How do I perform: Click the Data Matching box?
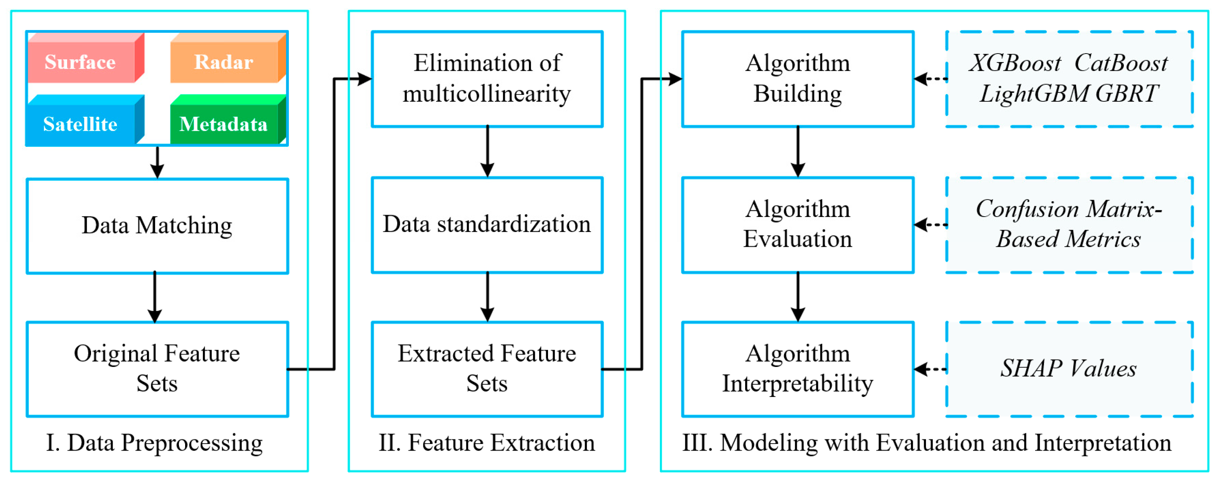(157, 225)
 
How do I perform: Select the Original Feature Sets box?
(157, 369)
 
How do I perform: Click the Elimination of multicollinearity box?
(487, 79)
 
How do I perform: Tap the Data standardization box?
(487, 224)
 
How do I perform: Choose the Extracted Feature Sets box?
(487, 369)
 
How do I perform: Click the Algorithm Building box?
(798, 79)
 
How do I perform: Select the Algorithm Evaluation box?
(798, 224)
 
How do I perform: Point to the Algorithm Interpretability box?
(798, 369)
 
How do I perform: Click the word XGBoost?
(1015, 63)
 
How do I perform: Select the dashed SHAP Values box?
(1069, 369)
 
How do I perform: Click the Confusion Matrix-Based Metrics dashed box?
(1069, 224)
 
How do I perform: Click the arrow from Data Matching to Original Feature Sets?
(155, 297)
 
